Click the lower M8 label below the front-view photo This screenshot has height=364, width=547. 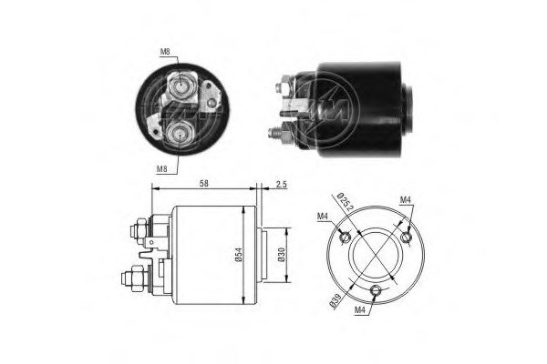click(161, 168)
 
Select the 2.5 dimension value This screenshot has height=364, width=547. click(281, 185)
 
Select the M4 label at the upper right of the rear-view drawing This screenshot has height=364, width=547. click(405, 199)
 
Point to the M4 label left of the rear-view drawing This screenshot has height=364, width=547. click(323, 216)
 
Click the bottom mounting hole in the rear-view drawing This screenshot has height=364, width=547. click(377, 291)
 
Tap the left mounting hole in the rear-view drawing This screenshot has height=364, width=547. click(344, 238)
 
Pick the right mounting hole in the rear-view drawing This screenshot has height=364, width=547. click(406, 238)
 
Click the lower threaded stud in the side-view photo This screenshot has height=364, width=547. click(273, 131)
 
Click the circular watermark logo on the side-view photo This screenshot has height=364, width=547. click(328, 106)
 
